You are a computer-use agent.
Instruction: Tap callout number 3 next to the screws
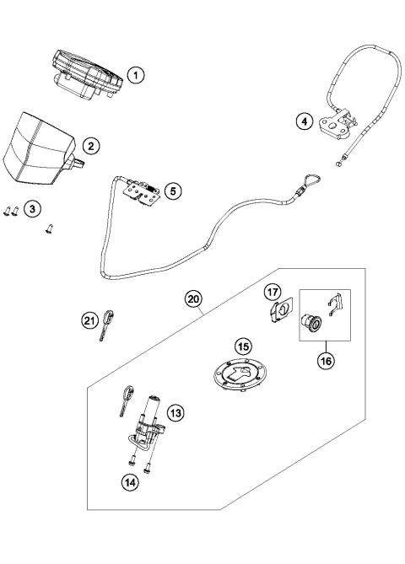tap(33, 209)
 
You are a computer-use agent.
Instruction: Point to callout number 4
tap(304, 121)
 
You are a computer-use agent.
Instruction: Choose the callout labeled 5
tap(172, 191)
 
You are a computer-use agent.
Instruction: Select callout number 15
tap(243, 346)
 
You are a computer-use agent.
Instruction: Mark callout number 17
tap(273, 292)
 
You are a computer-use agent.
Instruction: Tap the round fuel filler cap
tap(241, 377)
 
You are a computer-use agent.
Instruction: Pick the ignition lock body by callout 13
tap(150, 422)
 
